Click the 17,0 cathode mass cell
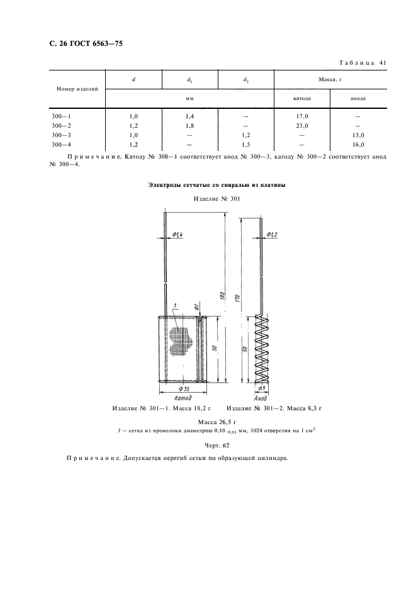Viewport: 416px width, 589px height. tap(302, 116)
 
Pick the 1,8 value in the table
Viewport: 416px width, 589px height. tap(189, 125)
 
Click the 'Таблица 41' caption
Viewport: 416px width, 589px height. tap(366, 62)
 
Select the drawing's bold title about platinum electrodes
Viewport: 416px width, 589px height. tap(216, 184)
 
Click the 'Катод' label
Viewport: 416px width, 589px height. tap(180, 399)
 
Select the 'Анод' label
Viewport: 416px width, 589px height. tap(261, 398)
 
